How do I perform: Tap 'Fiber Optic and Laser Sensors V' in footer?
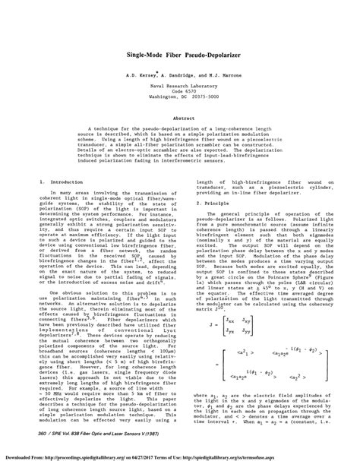tap(115, 433)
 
